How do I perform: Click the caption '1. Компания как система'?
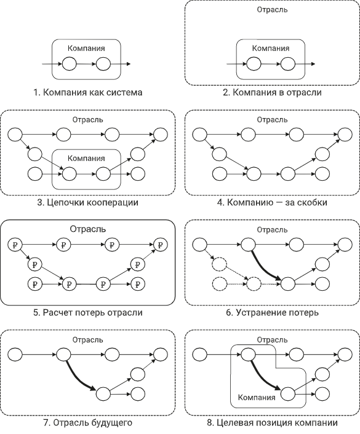click(88, 92)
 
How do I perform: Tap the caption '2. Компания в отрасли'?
click(272, 92)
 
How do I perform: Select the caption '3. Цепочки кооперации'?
click(88, 202)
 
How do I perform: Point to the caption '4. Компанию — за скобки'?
click(272, 202)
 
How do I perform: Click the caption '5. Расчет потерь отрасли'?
click(88, 312)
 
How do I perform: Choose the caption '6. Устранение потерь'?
click(272, 312)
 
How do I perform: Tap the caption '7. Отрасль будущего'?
click(88, 423)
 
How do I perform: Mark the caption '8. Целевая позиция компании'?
click(272, 423)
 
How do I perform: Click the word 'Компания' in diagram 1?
click(86, 48)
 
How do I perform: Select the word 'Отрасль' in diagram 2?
click(272, 10)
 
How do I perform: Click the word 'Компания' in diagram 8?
click(257, 397)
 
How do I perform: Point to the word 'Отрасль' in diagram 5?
click(88, 229)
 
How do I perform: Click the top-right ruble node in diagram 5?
click(161, 245)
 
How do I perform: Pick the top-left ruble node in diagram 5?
click(15, 245)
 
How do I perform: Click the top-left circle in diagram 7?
click(15, 354)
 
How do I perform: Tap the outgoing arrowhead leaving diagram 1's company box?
click(129, 64)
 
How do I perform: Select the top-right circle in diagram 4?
click(345, 135)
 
